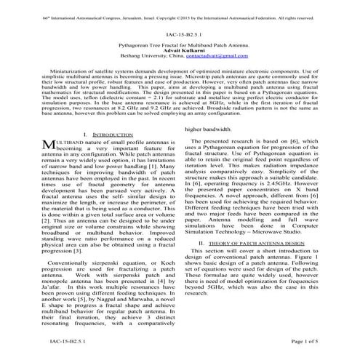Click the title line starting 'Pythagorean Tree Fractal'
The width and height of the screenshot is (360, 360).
click(179, 45)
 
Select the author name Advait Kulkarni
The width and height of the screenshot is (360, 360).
click(179, 51)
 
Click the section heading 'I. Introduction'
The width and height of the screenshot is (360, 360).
click(107, 135)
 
